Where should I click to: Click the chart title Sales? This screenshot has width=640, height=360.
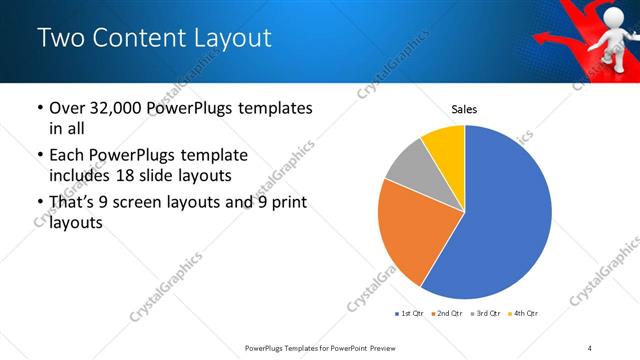[464, 109]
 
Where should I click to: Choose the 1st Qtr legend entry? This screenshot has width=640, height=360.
[410, 314]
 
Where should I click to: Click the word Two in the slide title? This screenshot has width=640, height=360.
[61, 39]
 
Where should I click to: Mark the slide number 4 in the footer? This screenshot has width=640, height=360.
[590, 347]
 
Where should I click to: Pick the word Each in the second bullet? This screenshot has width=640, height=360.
[66, 156]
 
